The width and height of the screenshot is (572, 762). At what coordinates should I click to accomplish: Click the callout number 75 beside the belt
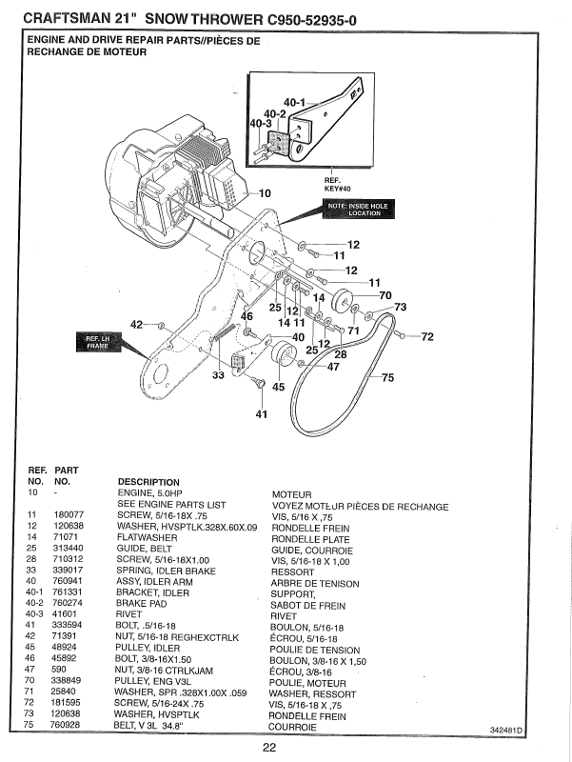tap(386, 378)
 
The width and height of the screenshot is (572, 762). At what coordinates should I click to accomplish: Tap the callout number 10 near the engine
tap(264, 193)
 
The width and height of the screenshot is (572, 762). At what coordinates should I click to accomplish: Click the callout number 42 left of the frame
tap(137, 325)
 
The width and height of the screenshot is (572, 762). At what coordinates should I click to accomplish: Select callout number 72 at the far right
tap(426, 336)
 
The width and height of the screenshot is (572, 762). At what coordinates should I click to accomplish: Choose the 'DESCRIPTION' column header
tap(148, 482)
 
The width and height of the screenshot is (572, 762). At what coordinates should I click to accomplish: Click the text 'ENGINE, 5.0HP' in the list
tap(152, 492)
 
